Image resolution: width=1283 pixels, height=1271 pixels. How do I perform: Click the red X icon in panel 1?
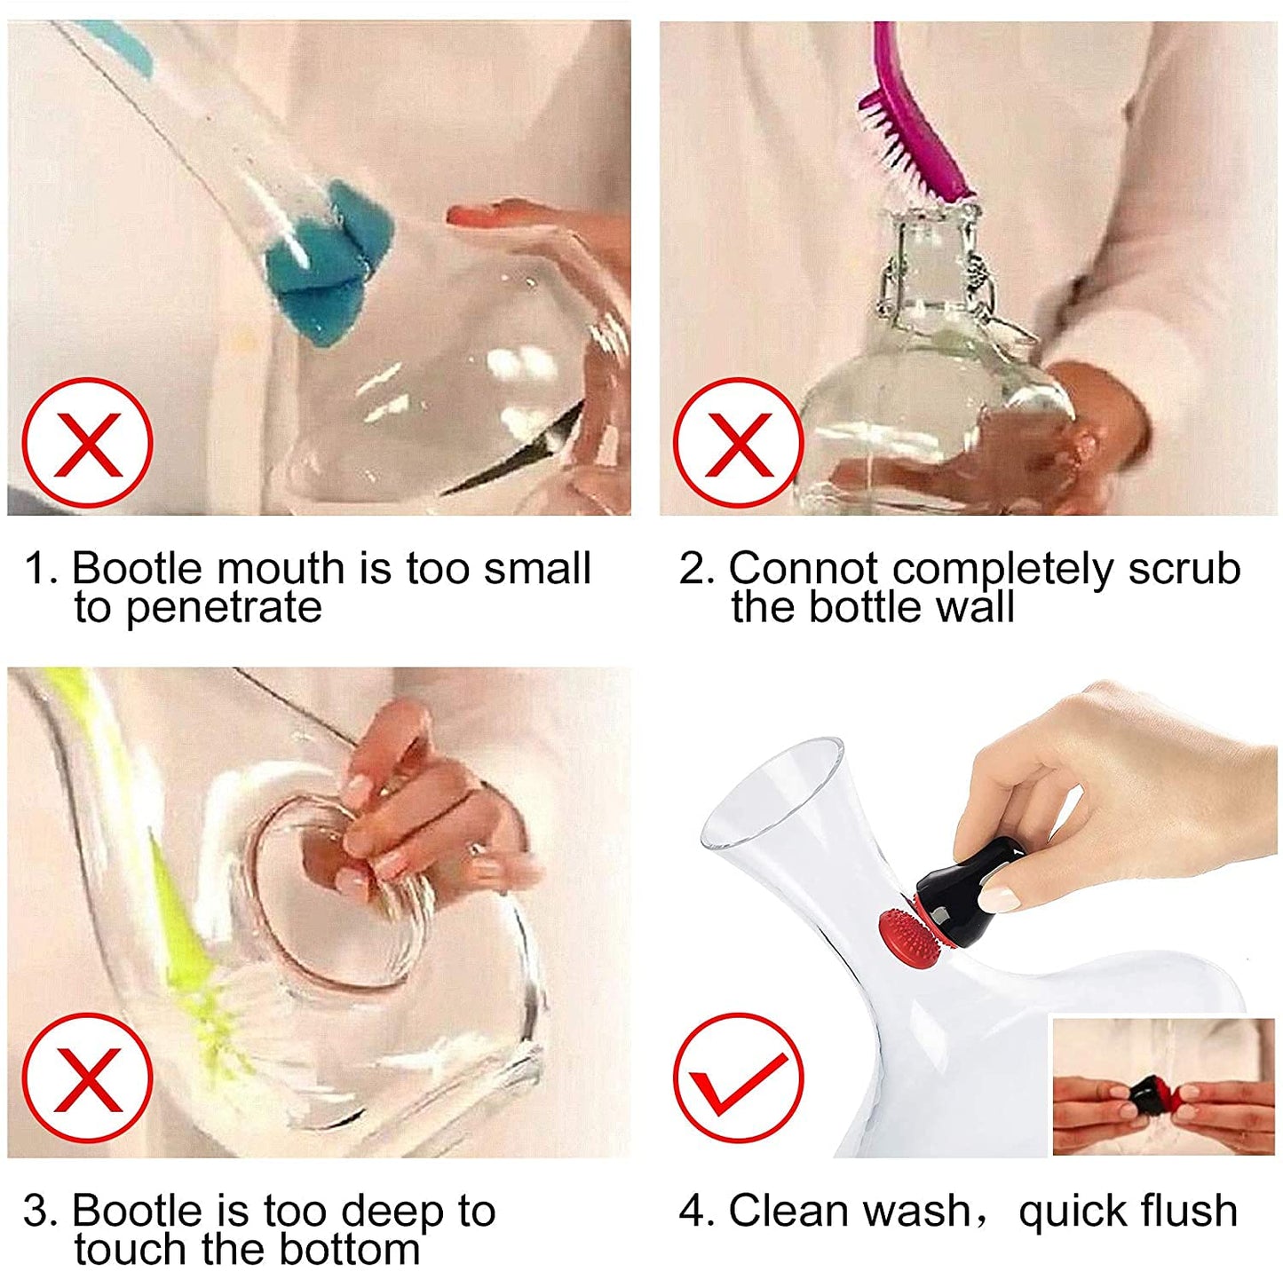point(87,443)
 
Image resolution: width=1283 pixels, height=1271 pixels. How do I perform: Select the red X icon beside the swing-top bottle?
point(739,443)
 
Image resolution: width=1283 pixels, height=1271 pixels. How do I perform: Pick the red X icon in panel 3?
point(87,1078)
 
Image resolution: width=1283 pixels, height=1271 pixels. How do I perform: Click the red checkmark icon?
point(739,1078)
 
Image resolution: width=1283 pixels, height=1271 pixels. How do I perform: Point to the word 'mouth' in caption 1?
point(281,568)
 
